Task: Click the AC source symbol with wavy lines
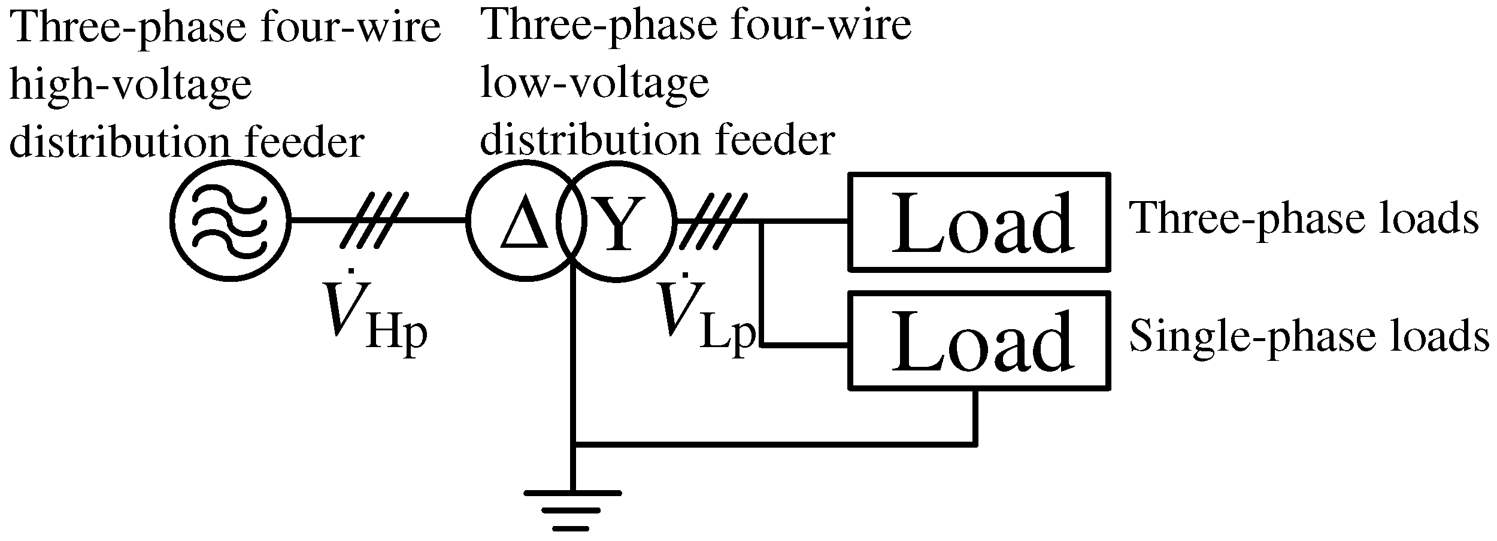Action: [231, 221]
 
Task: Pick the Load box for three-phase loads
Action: [979, 222]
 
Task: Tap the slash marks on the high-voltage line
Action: [375, 220]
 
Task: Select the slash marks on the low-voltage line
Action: [713, 220]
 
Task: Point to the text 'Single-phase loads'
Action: [1308, 336]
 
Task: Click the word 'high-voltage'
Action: [130, 86]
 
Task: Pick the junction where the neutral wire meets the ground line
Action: [573, 445]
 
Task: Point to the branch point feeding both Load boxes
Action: [762, 222]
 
